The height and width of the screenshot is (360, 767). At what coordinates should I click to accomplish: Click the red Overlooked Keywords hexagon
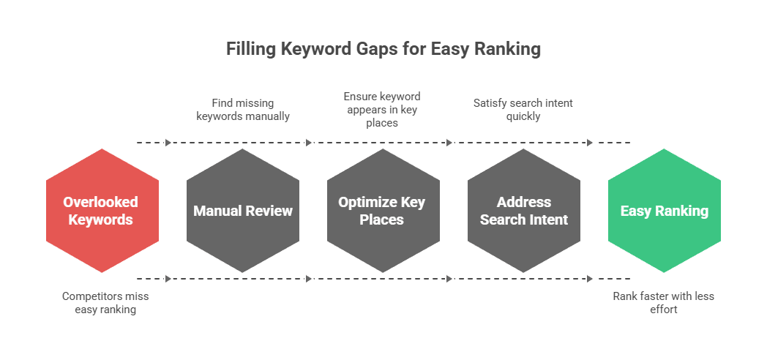[x=102, y=211]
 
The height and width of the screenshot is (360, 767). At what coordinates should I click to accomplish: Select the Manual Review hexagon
[x=243, y=211]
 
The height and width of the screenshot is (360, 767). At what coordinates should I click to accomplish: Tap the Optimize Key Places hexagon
[x=383, y=211]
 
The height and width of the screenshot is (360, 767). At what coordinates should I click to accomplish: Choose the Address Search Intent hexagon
[x=523, y=211]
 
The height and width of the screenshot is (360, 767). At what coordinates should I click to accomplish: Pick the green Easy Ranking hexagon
[x=664, y=211]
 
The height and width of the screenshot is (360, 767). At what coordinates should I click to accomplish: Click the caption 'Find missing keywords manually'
[x=242, y=110]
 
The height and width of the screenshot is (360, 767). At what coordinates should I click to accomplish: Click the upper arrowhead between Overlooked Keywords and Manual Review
[x=168, y=143]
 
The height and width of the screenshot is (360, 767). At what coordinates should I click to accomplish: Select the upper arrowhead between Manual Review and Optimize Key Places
[x=309, y=143]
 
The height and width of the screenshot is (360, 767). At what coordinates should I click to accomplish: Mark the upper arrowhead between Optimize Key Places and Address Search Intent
[x=449, y=143]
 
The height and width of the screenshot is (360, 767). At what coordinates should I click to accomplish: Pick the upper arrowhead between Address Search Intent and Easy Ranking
[x=590, y=143]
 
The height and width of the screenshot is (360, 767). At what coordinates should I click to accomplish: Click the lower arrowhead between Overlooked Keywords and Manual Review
[x=168, y=279]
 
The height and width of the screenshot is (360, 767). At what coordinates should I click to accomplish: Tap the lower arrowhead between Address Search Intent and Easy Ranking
[x=590, y=279]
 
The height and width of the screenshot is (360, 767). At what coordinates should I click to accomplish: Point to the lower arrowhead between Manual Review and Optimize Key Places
[x=309, y=279]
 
